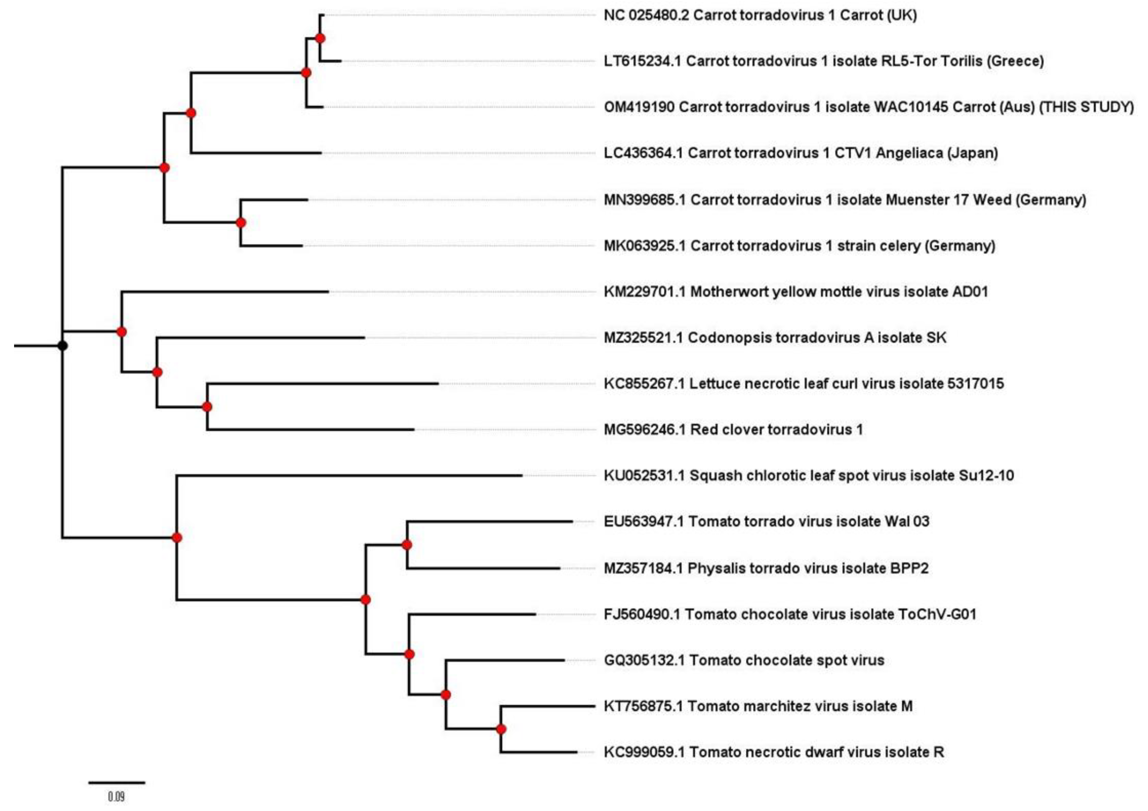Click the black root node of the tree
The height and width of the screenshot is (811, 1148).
(x=62, y=345)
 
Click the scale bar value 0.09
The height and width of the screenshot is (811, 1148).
(x=116, y=796)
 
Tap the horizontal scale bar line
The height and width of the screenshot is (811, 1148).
(x=117, y=782)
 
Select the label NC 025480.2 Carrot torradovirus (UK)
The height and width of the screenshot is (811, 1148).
(x=760, y=15)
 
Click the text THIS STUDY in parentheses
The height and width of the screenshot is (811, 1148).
(x=1086, y=107)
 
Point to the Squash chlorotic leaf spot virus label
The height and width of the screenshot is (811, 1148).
(x=808, y=475)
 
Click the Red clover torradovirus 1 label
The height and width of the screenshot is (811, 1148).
(x=733, y=430)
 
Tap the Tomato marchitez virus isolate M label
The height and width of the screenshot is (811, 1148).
(x=758, y=706)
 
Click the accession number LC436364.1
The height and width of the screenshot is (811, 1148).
(x=643, y=153)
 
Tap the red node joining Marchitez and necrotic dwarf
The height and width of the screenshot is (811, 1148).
(x=501, y=729)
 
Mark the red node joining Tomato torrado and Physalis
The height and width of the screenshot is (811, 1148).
(x=407, y=544)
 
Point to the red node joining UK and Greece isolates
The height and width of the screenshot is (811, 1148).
(x=320, y=38)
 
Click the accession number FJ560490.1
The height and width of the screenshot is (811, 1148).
(x=642, y=614)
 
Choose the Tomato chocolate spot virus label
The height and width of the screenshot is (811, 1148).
(x=744, y=660)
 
